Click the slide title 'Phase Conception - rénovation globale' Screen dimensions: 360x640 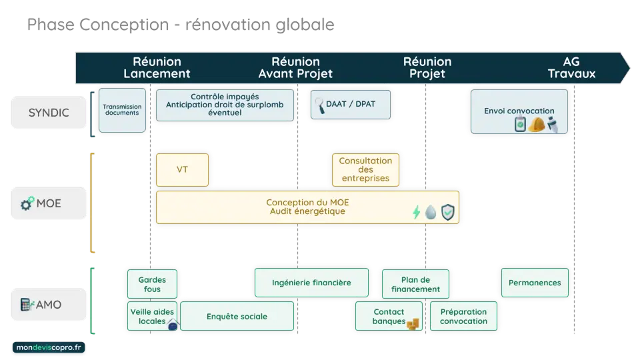point(181,25)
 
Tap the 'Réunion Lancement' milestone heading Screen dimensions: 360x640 point(157,67)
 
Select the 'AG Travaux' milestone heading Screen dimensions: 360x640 point(571,67)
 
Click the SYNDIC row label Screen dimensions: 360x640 point(49,112)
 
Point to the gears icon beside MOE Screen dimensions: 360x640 point(27,203)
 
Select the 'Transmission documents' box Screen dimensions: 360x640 point(121,109)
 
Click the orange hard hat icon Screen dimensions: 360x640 point(537,125)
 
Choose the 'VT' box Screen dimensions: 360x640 point(182,169)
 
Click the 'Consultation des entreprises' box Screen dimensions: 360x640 point(365,169)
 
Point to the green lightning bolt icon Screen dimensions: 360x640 point(417,213)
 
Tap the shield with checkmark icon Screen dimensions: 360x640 point(449,213)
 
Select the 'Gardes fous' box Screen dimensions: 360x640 point(152,283)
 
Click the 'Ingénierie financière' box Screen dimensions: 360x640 point(311,283)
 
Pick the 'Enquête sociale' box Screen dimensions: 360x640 point(237,317)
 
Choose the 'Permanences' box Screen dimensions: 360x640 point(535,283)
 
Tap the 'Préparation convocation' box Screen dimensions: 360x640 point(463,317)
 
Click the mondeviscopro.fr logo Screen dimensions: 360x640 point(49,348)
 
